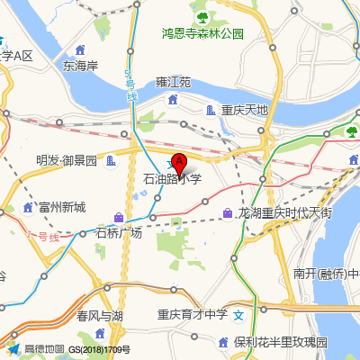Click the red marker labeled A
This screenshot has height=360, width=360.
[178, 163]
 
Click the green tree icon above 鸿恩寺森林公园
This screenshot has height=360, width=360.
[202, 16]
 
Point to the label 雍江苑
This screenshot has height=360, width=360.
[173, 82]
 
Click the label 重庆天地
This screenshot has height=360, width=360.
[238, 110]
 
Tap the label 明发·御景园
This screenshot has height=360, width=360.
[66, 160]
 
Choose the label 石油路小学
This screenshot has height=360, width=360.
[173, 180]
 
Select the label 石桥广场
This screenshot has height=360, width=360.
[119, 233]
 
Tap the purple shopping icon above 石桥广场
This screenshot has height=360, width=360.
[120, 217]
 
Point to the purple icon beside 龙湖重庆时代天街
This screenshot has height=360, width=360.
[227, 213]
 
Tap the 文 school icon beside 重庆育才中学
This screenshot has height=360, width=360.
[238, 316]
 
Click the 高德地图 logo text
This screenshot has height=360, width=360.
[43, 349]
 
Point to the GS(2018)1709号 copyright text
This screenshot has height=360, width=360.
[99, 349]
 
